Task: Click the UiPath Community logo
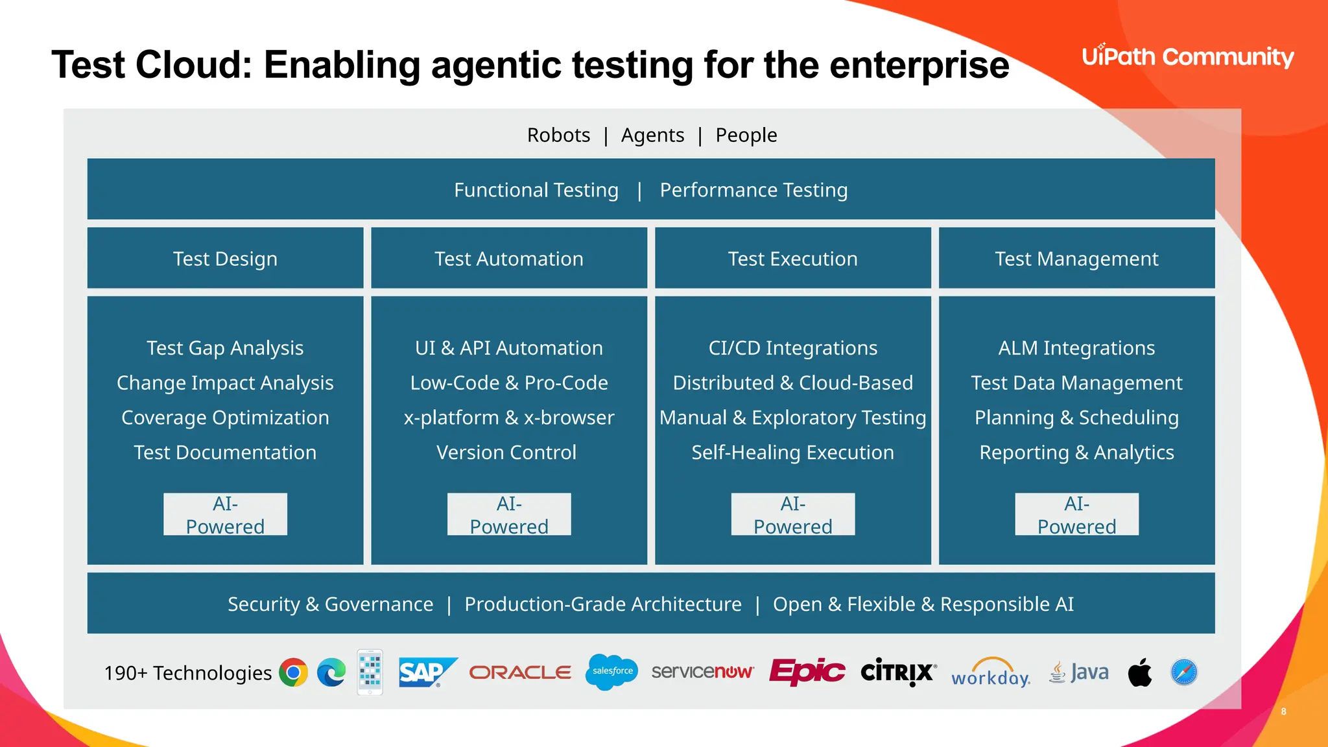1187,57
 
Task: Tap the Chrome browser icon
293,672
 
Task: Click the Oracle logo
520,672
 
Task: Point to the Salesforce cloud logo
612,672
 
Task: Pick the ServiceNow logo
702,672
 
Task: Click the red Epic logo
807,672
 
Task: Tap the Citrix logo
898,672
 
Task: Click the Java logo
1079,672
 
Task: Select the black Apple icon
1140,672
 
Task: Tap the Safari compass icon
1184,672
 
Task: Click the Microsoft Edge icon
331,672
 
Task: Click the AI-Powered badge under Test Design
225,515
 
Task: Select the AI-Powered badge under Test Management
1076,515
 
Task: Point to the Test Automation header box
509,258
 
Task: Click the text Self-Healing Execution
792,453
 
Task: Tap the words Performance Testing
753,190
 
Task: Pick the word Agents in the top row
652,135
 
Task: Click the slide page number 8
1283,711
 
